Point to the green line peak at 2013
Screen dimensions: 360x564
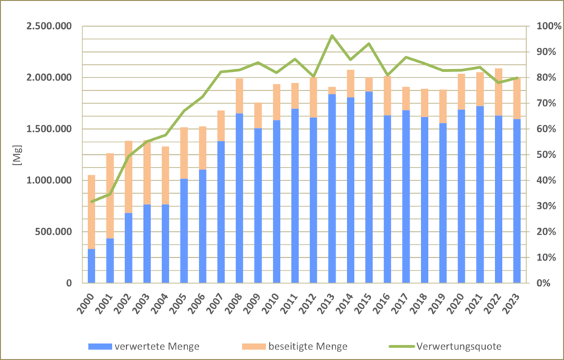(331, 35)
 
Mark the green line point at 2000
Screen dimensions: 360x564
(91, 201)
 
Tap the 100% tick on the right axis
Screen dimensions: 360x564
(545, 26)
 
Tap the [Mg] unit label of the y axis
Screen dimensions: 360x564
(16, 154)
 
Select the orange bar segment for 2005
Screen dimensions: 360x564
(183, 153)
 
